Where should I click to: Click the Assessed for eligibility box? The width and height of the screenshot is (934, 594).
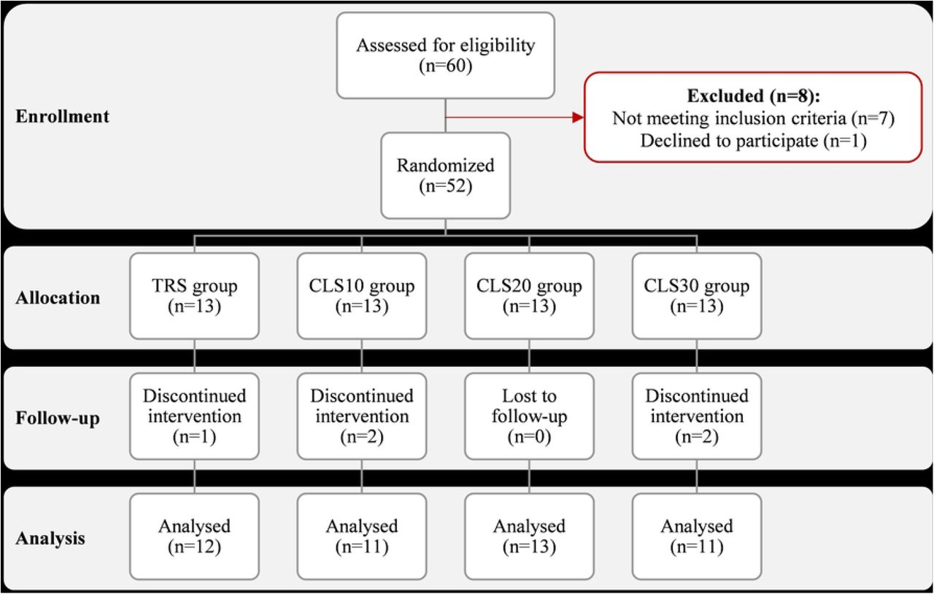[445, 55]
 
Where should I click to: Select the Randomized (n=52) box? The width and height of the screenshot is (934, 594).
[445, 176]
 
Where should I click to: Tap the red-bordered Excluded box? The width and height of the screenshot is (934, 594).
[753, 117]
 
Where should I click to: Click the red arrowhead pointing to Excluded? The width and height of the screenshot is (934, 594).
[579, 117]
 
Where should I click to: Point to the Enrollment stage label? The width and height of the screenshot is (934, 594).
[63, 116]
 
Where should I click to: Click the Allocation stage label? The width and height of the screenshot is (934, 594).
[58, 298]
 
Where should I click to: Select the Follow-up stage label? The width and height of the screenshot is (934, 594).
[58, 418]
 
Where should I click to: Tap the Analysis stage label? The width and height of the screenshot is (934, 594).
[50, 538]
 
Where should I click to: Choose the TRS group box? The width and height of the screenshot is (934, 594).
[194, 296]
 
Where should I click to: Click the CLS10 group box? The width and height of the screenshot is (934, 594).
[362, 296]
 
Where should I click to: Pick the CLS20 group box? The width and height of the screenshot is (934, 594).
[529, 296]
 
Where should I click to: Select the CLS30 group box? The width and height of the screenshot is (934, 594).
[697, 296]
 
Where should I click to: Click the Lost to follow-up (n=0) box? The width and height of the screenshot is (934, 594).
[529, 416]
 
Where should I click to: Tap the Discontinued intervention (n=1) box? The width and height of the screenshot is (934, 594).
[194, 416]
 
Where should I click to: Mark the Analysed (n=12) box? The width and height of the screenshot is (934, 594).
[194, 536]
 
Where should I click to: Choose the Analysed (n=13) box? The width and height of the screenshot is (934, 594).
[529, 536]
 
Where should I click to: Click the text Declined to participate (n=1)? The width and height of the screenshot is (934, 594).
[754, 141]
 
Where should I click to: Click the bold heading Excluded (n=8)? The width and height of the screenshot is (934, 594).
[754, 96]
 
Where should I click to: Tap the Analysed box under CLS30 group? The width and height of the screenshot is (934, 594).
[697, 536]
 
